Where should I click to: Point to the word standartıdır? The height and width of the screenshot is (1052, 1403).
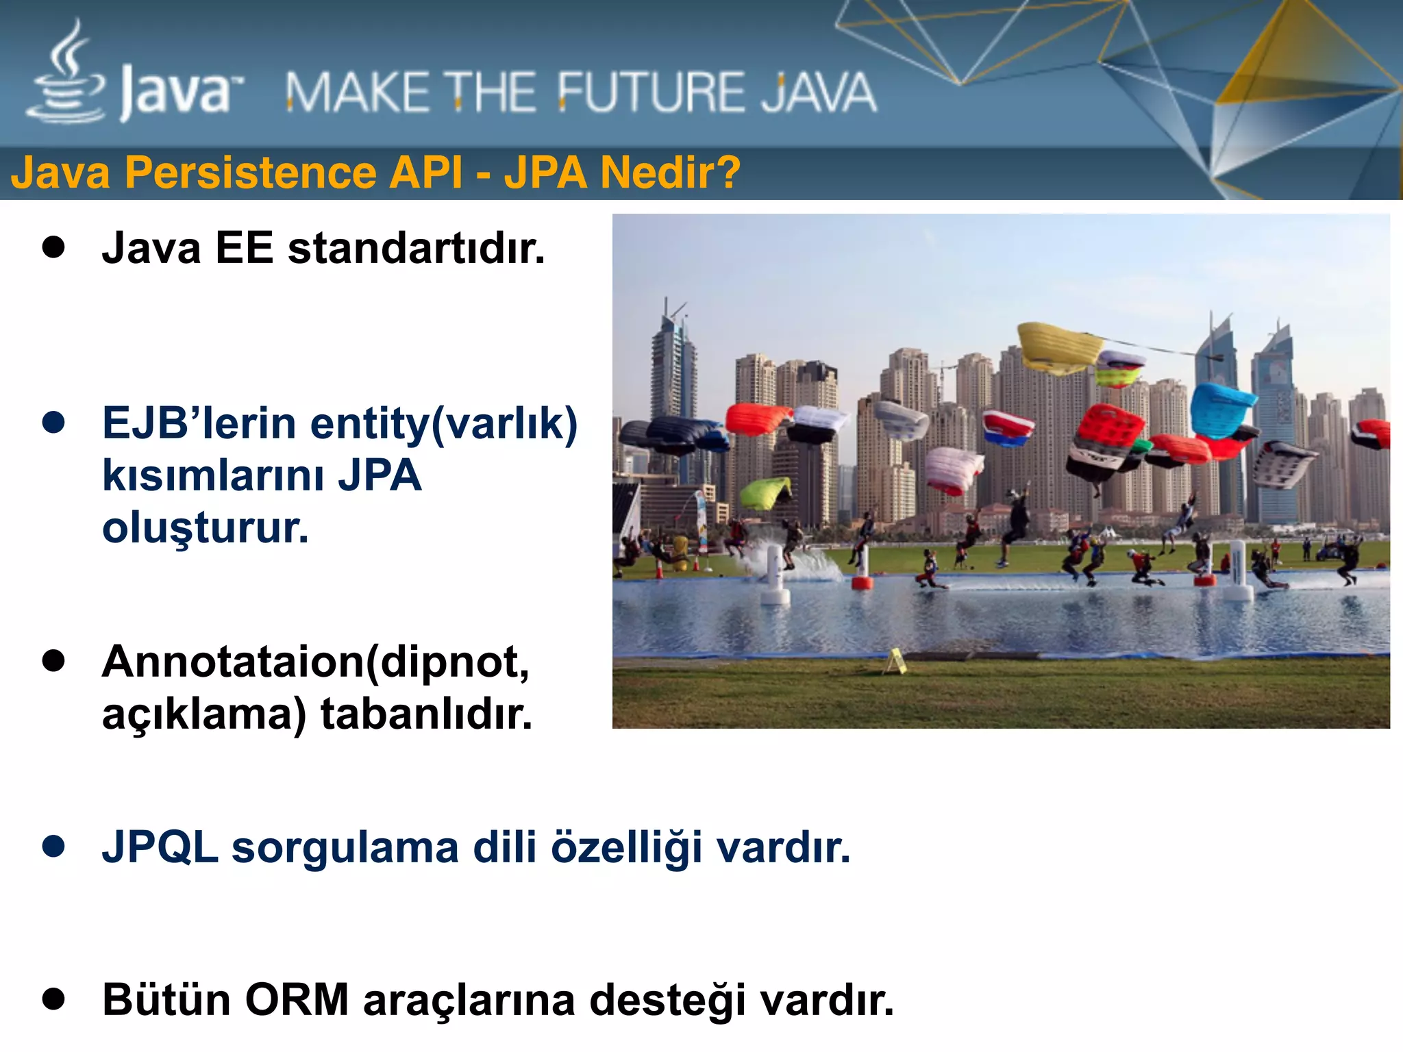[x=416, y=248]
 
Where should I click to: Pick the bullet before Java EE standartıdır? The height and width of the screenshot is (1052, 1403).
[x=53, y=247]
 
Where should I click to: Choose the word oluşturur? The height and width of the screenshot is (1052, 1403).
[x=206, y=528]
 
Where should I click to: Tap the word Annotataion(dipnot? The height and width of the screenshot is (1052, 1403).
[x=316, y=662]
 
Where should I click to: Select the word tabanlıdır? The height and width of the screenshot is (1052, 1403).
[x=426, y=714]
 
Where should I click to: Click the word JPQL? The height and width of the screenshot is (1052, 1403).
[x=160, y=847]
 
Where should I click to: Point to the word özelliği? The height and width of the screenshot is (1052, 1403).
[x=627, y=847]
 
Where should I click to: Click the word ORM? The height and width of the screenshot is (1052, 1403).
[x=297, y=1000]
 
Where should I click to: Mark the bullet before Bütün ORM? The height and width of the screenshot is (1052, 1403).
[x=53, y=999]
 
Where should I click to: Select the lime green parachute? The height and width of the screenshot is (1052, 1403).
[x=765, y=492]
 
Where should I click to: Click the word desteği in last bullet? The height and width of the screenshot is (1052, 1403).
[x=667, y=1000]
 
